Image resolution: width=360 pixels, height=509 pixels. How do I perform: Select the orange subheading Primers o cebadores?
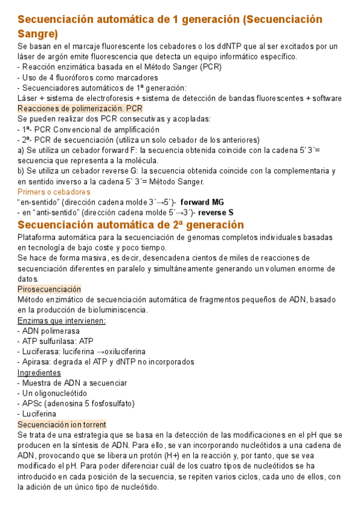[x=55, y=191]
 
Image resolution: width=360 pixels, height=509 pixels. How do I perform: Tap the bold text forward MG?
[x=202, y=202]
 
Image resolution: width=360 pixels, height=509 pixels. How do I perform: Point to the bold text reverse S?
[x=216, y=212]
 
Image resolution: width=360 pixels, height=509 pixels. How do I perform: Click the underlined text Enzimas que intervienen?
[x=62, y=321]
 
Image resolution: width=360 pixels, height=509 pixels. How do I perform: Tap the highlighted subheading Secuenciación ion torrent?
[x=62, y=424]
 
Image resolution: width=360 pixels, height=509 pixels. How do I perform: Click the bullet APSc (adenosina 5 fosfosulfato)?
[x=76, y=403]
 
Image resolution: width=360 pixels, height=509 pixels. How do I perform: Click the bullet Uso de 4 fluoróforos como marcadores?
[x=89, y=77]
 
